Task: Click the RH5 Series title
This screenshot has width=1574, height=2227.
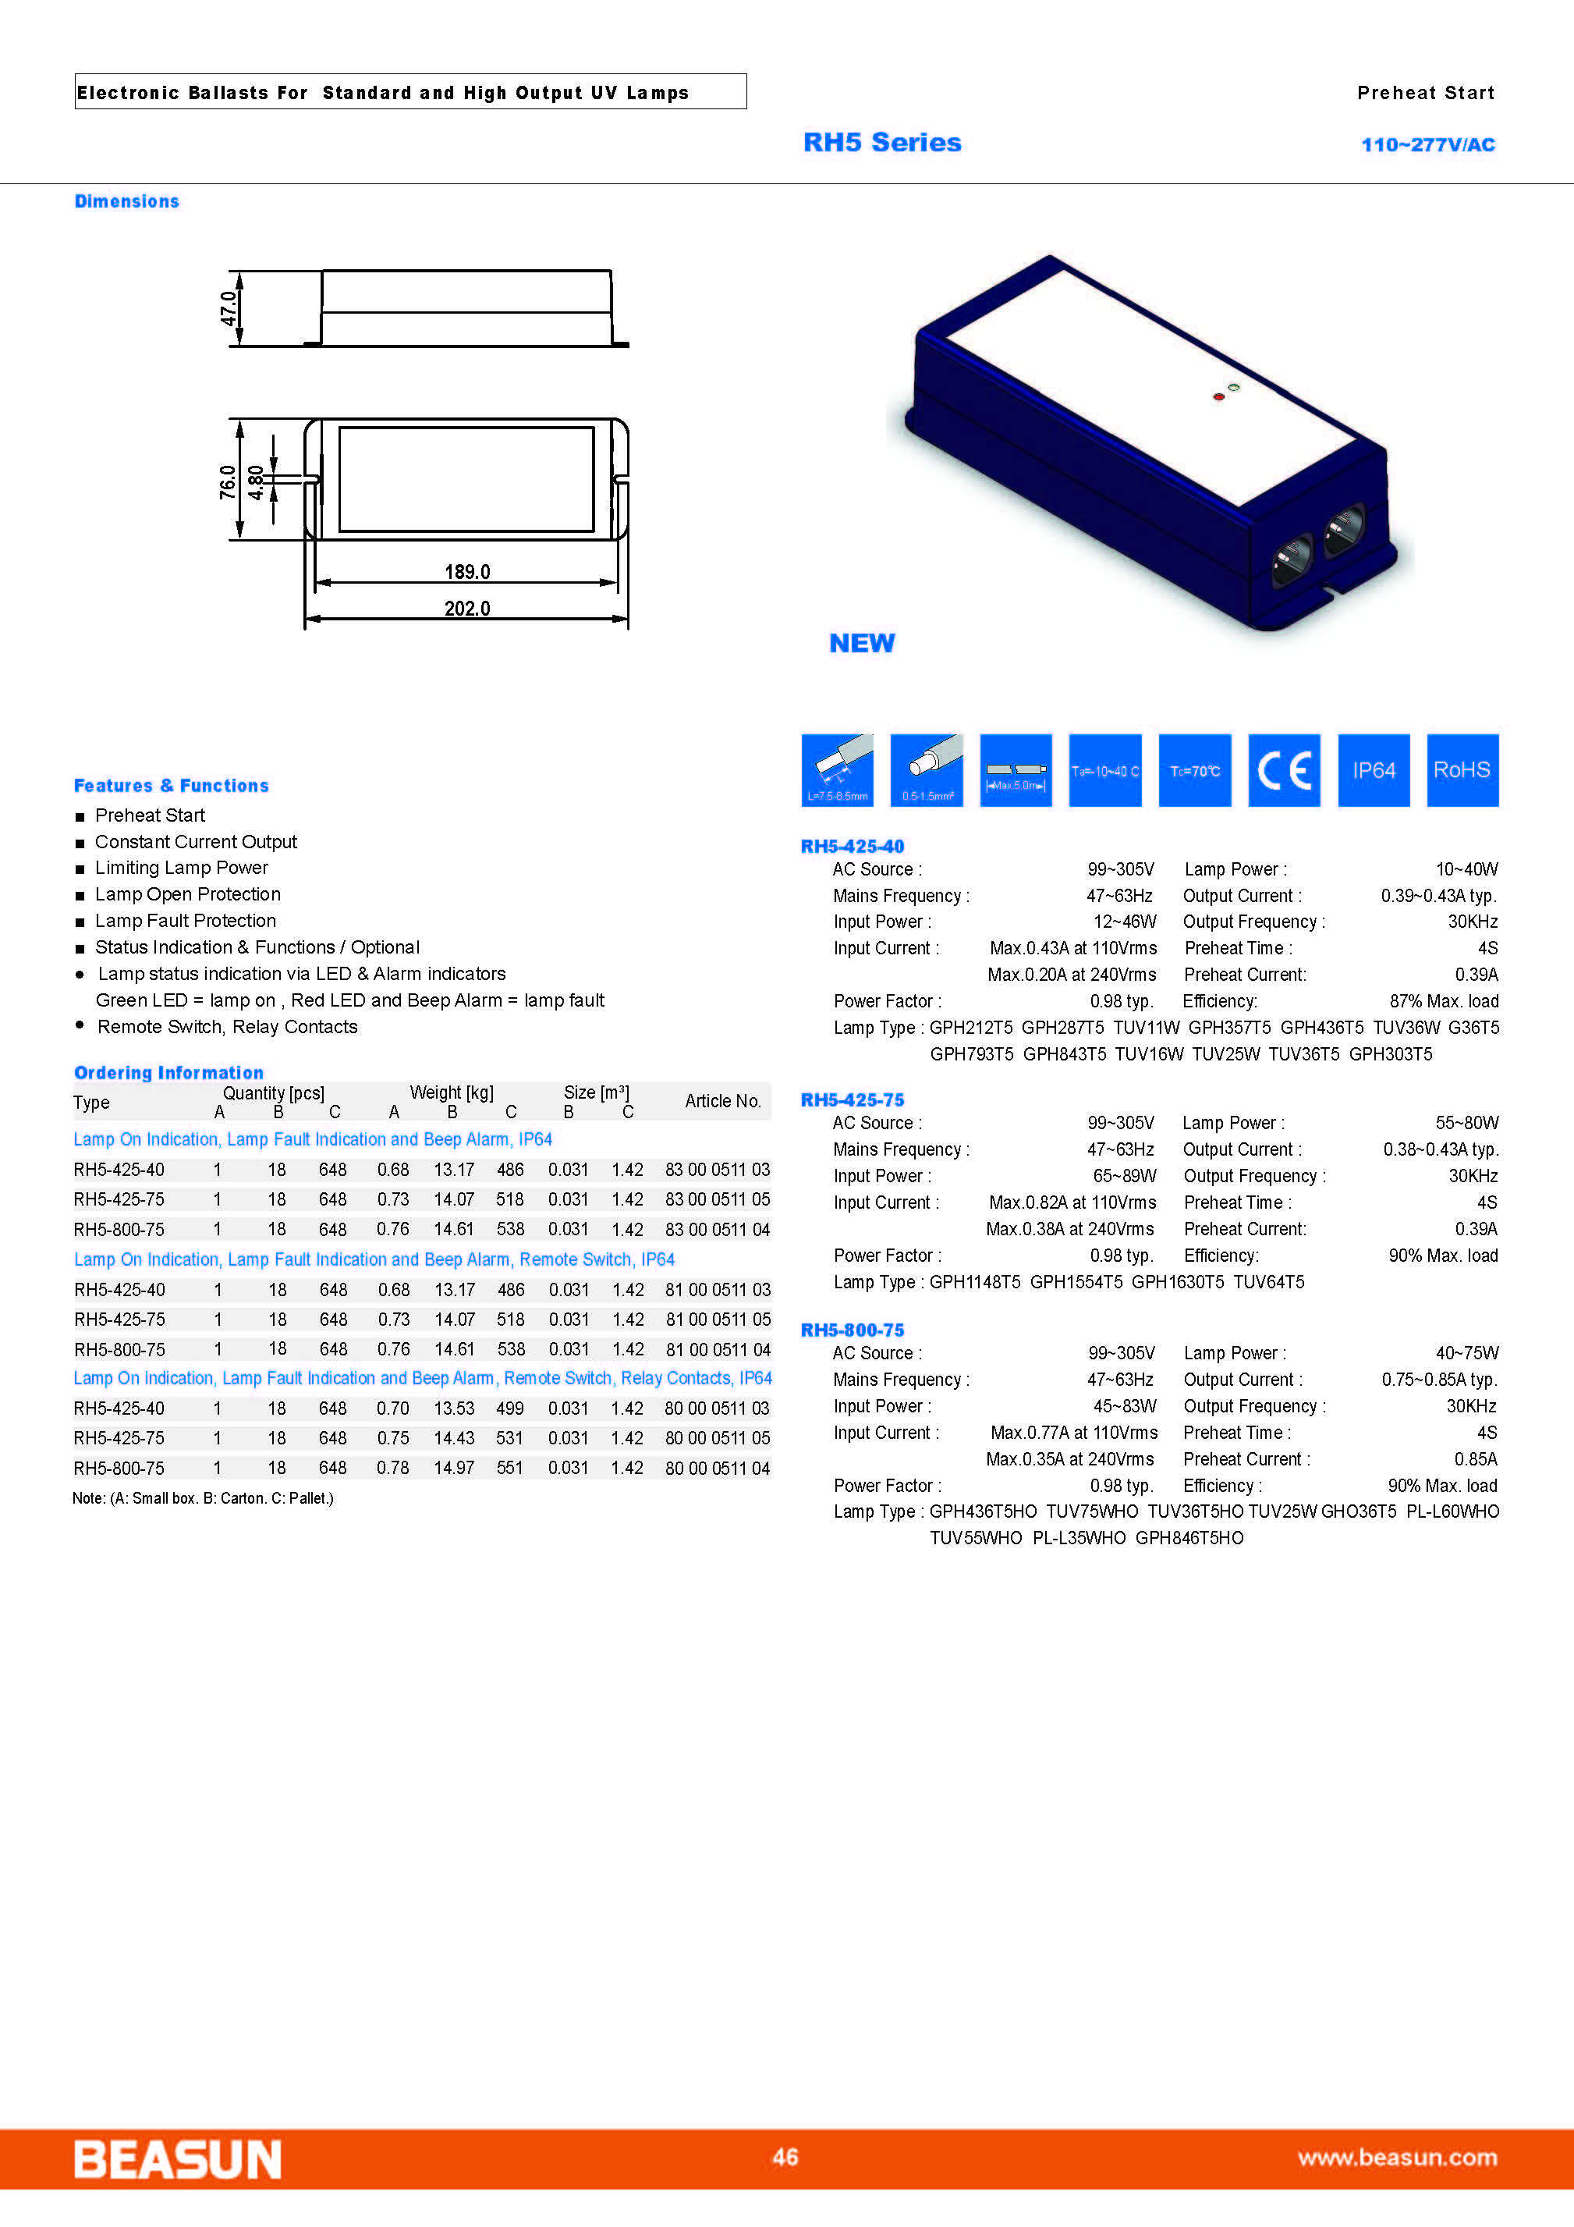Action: tap(881, 143)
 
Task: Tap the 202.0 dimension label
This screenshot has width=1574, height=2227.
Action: tap(466, 608)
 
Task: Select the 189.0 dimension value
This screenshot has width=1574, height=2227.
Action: tap(466, 571)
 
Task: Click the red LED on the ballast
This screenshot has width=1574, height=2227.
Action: tap(1218, 396)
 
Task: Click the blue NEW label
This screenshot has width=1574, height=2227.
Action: tap(861, 643)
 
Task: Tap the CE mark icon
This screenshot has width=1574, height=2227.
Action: tap(1284, 770)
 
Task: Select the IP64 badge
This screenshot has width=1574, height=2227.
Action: tap(1374, 770)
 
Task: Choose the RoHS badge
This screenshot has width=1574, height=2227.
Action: tap(1462, 770)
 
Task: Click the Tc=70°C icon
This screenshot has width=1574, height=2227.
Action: tap(1195, 770)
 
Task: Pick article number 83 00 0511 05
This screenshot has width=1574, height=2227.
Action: tap(717, 1199)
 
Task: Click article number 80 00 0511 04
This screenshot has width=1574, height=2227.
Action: tap(717, 1468)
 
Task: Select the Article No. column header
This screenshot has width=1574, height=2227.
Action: tap(722, 1101)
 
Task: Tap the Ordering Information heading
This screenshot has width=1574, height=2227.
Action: tap(168, 1072)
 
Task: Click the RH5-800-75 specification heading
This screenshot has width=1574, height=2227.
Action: tap(852, 1330)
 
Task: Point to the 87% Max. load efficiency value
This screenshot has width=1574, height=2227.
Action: tap(1443, 1001)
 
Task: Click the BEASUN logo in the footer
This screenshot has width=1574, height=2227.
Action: tap(178, 2159)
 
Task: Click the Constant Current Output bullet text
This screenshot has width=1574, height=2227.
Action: tap(196, 842)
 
